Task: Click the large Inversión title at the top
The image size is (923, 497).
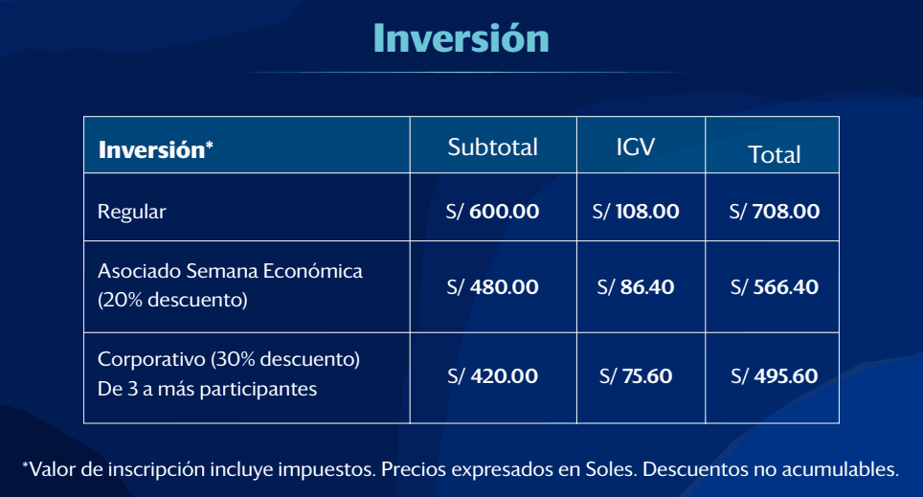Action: [461, 38]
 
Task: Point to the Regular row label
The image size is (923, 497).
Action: [132, 212]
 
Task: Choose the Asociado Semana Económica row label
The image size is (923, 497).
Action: [230, 271]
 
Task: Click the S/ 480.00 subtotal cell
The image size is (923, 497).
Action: [492, 286]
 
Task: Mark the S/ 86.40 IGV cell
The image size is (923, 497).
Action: [636, 286]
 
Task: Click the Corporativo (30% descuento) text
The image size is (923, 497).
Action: [229, 359]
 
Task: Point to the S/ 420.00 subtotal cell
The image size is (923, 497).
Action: [492, 376]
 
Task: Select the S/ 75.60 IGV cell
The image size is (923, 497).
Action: [636, 376]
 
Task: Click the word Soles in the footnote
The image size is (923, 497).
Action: [611, 469]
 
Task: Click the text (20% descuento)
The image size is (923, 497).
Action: [172, 301]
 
